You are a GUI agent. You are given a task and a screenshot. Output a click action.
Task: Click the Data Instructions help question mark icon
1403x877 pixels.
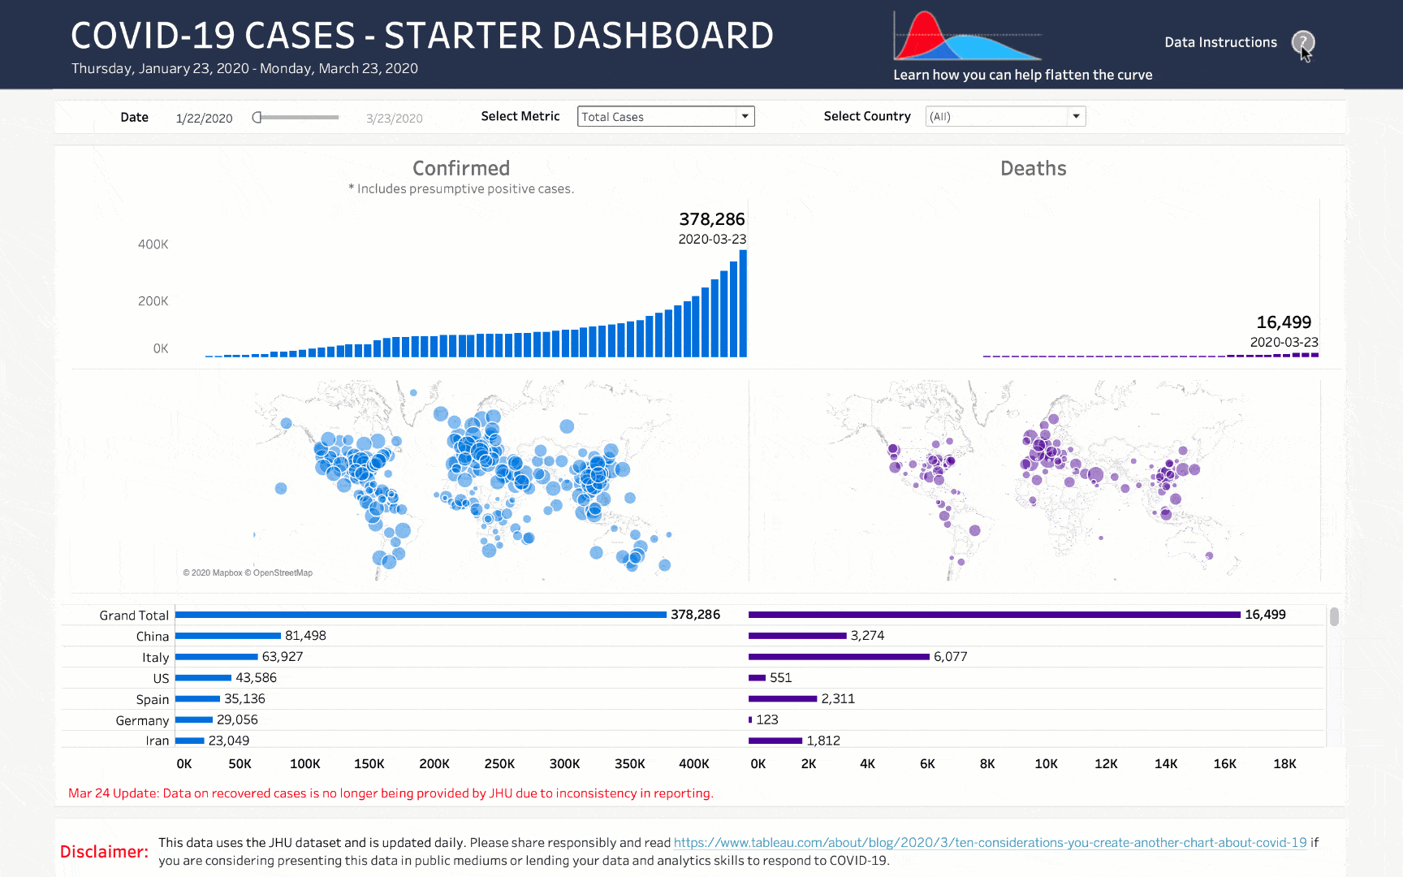click(x=1302, y=41)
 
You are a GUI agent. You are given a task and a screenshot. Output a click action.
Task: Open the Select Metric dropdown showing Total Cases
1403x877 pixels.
click(x=666, y=116)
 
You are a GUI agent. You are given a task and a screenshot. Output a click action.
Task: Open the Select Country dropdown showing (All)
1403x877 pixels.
click(x=1005, y=116)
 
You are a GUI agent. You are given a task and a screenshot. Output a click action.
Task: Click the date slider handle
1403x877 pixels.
click(x=257, y=117)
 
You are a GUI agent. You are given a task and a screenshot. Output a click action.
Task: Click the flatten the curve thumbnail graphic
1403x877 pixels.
click(x=966, y=37)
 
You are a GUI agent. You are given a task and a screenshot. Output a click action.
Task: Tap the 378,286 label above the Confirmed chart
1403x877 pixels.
click(x=711, y=219)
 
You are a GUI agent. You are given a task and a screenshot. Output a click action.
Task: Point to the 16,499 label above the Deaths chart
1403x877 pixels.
click(x=1283, y=322)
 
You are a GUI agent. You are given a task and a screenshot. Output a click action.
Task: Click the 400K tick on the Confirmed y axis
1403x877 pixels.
click(x=153, y=244)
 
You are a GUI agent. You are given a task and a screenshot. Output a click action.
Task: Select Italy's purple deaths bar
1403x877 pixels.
click(x=839, y=657)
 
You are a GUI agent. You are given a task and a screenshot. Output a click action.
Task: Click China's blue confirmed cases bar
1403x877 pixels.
click(x=227, y=636)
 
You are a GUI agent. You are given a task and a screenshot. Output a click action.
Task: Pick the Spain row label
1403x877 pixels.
click(x=153, y=699)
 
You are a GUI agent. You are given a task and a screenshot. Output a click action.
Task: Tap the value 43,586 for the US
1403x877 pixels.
click(x=256, y=678)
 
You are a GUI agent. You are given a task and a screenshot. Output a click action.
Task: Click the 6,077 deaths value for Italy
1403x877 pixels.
click(x=950, y=657)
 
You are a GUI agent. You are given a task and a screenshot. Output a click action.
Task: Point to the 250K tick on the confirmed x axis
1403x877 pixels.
click(x=499, y=764)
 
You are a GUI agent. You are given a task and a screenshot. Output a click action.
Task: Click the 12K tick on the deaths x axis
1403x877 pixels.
click(x=1106, y=764)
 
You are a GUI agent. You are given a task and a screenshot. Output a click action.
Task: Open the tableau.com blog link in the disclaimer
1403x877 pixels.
click(x=990, y=843)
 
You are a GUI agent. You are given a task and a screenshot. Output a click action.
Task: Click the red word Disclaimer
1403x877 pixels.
click(x=104, y=852)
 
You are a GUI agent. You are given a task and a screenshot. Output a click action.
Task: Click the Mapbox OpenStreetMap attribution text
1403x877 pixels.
click(x=248, y=572)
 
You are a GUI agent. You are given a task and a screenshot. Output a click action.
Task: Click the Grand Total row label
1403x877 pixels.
click(x=134, y=616)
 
